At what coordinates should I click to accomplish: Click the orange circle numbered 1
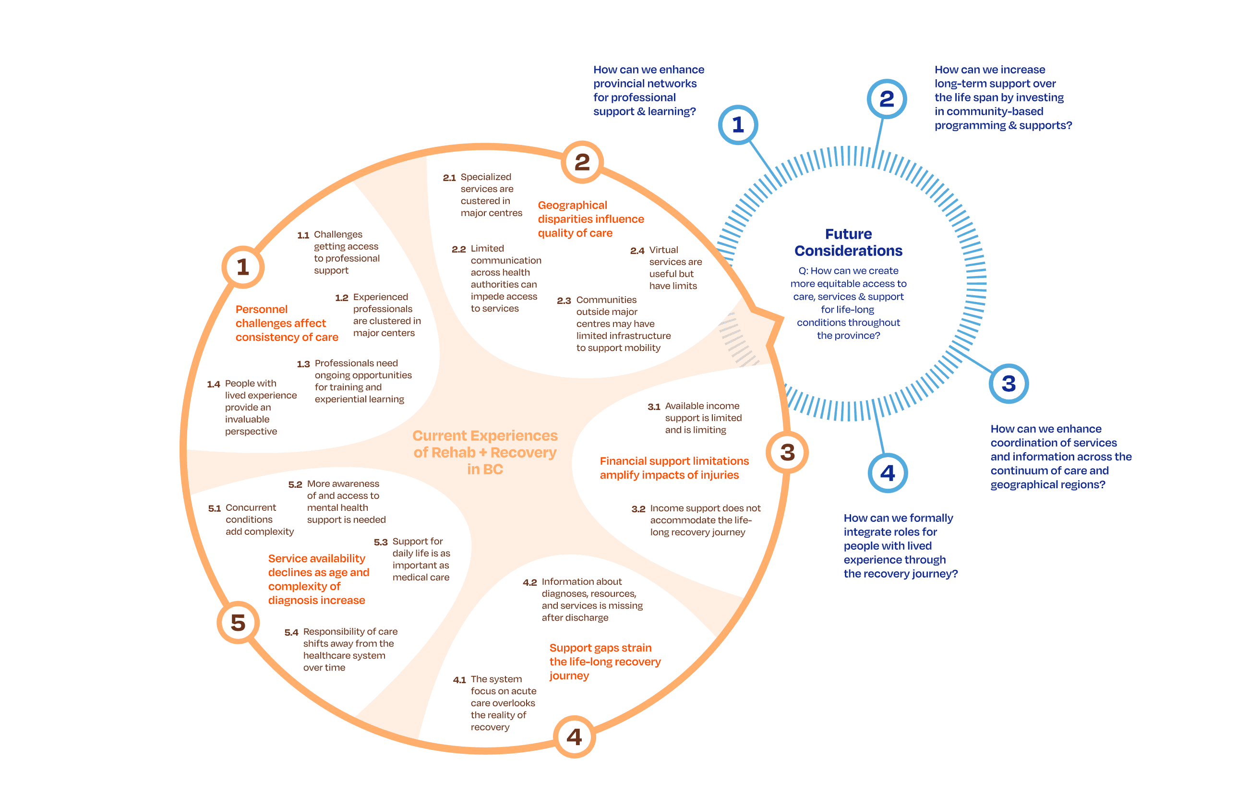pos(242,267)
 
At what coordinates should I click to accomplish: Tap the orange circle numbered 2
pos(582,162)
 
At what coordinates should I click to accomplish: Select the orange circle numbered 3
pos(787,452)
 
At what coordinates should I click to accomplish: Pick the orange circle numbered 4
pos(575,736)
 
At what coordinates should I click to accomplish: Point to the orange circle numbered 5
pos(238,623)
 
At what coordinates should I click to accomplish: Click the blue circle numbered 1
pos(738,125)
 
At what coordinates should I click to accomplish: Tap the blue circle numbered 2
pos(887,98)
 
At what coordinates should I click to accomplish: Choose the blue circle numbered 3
pos(1008,384)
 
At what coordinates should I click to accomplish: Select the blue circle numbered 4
pos(888,473)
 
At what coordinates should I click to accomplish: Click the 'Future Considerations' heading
pos(848,242)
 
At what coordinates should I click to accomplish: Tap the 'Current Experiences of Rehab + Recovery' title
pos(485,452)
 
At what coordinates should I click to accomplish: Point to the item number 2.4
pos(637,251)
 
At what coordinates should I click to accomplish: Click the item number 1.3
pos(303,364)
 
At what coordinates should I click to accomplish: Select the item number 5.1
pos(214,508)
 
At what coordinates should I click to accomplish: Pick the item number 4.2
pos(530,582)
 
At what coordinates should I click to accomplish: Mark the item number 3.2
pos(638,509)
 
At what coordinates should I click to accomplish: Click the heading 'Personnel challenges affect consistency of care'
pos(287,323)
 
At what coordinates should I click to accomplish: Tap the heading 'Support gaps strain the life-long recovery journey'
pos(604,662)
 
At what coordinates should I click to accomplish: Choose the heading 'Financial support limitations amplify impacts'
pos(674,468)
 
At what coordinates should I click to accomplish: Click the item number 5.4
pos(291,633)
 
